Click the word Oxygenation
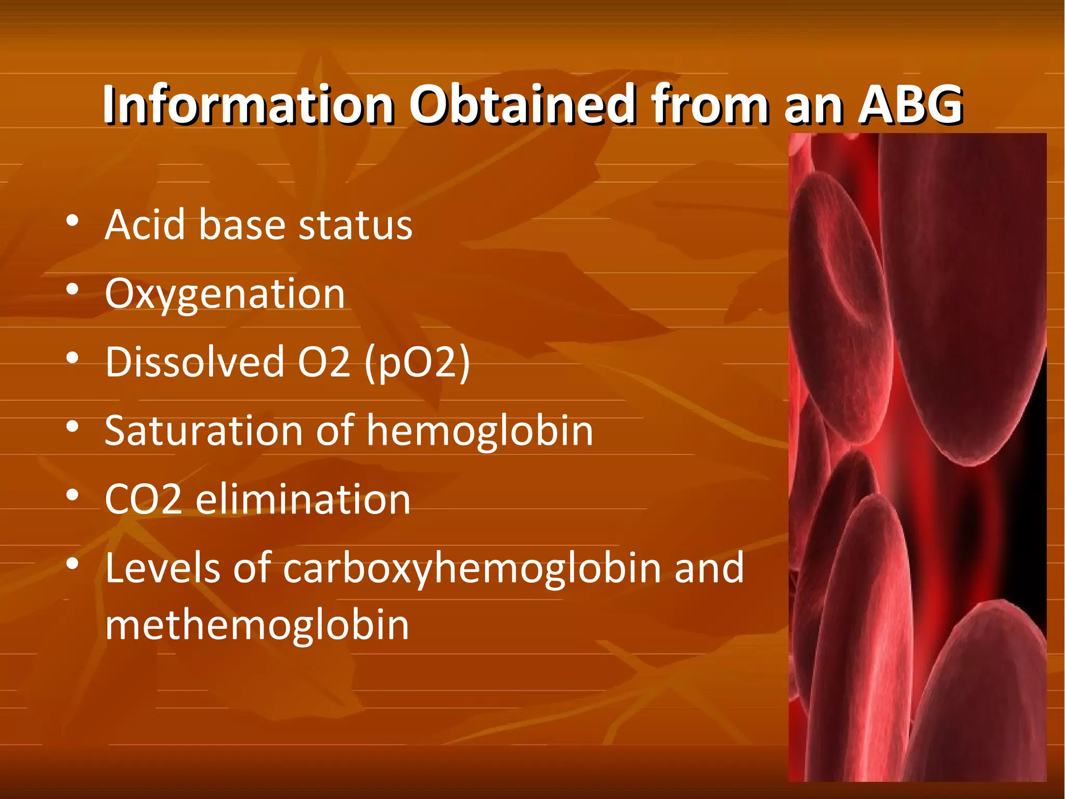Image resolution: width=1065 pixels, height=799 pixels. [225, 294]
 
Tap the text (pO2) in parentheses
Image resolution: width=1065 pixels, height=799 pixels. [417, 363]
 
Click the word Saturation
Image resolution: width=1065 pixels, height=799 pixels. [203, 431]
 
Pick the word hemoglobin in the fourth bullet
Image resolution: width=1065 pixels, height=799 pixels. [480, 432]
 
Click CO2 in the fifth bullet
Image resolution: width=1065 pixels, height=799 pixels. [144, 499]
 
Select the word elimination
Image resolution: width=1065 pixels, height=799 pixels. [303, 499]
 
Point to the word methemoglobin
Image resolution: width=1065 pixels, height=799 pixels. [257, 625]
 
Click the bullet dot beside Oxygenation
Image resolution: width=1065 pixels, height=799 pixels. [72, 289]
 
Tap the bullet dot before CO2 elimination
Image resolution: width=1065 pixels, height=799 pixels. [72, 495]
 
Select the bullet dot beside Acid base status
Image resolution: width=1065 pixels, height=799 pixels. [72, 221]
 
